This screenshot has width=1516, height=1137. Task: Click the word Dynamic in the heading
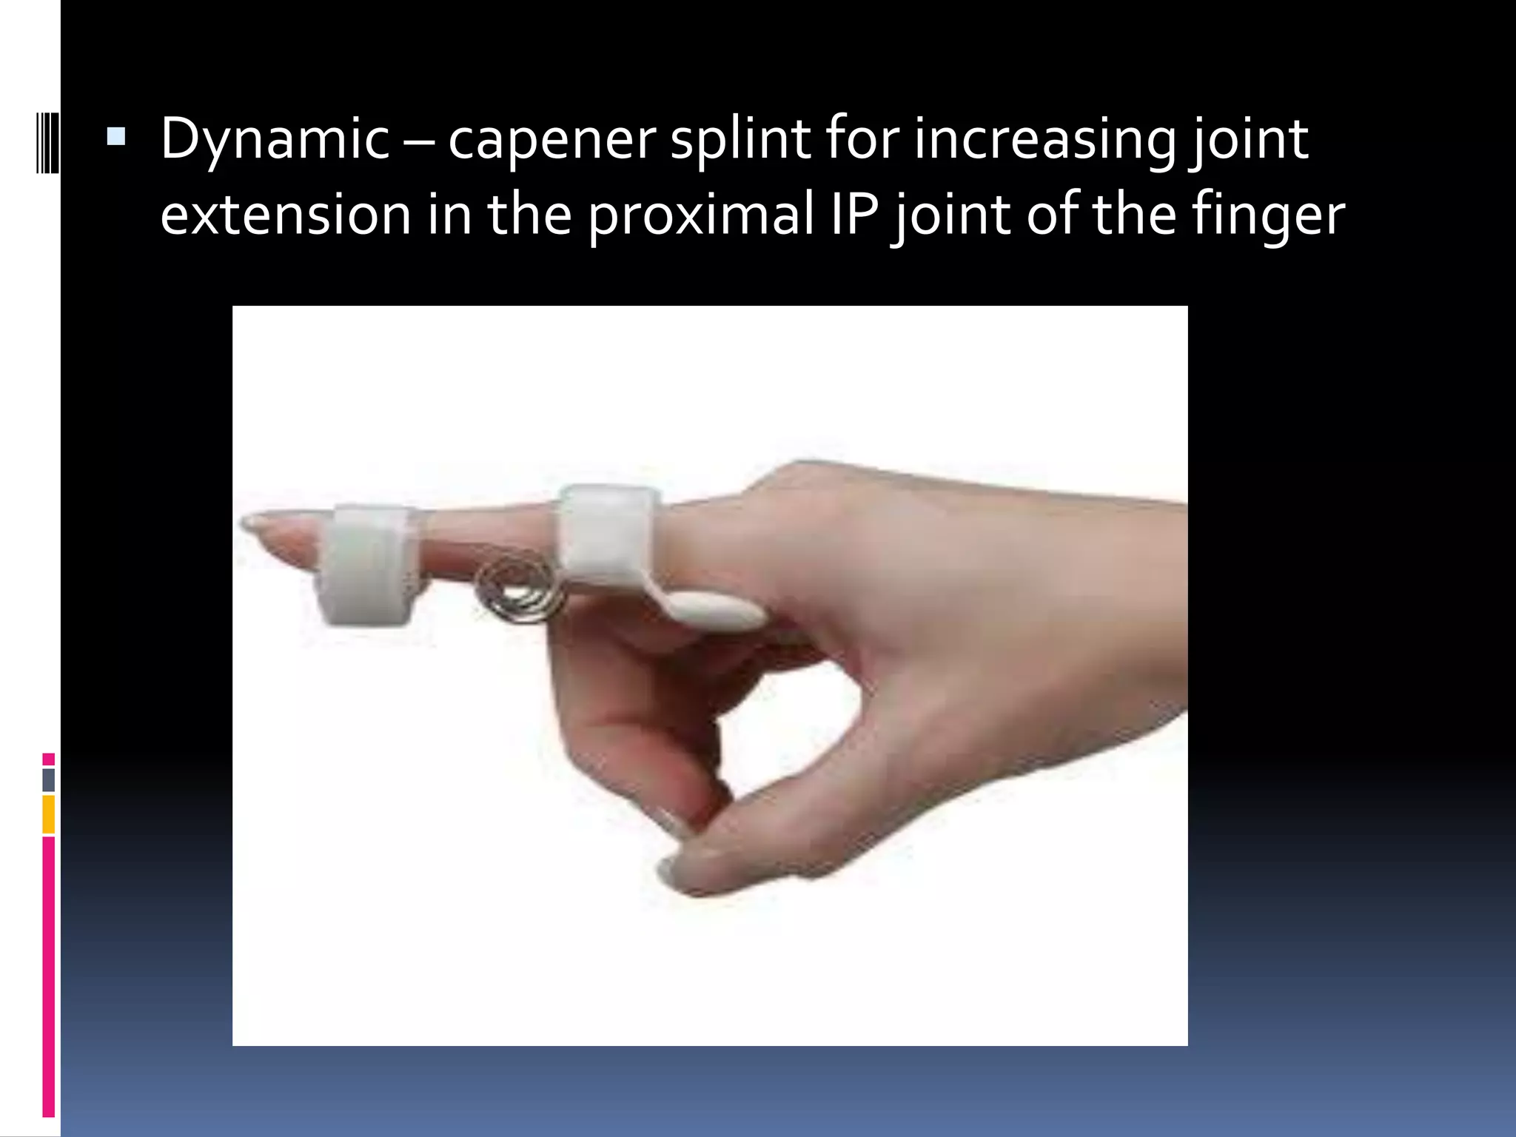click(x=274, y=139)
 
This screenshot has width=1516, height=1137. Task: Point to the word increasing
click(x=1044, y=139)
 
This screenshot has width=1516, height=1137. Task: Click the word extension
click(x=285, y=215)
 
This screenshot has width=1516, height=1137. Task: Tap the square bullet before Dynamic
click(x=116, y=137)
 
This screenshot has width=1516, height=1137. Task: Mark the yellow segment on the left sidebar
click(x=49, y=814)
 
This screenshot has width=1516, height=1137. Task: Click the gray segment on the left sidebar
click(x=49, y=779)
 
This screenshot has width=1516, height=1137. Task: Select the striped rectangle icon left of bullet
click(x=47, y=142)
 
